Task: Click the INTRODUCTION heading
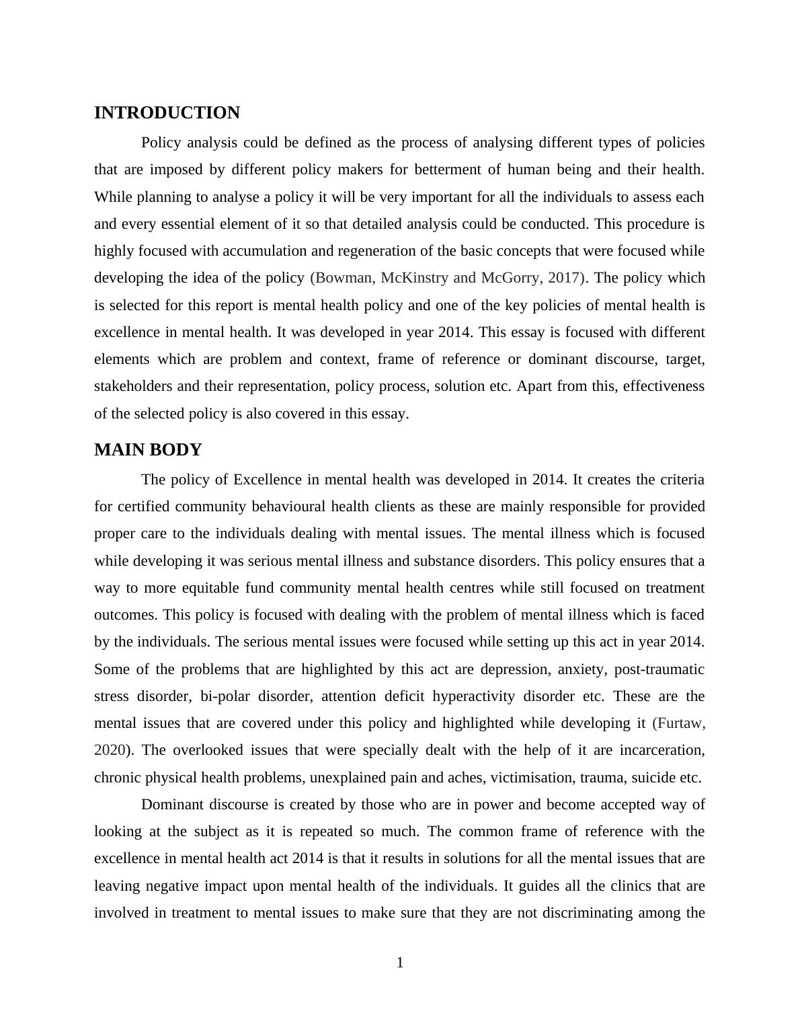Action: tap(167, 113)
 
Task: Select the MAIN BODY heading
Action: tap(148, 450)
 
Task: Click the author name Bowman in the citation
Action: tap(344, 278)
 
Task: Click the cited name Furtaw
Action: tap(680, 723)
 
